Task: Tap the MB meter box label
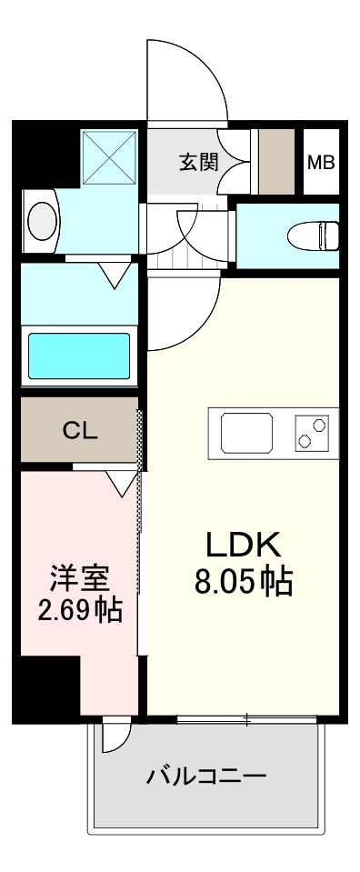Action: pos(320,163)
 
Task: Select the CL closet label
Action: pos(80,431)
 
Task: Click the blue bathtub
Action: pos(80,356)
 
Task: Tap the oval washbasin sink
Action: pos(42,220)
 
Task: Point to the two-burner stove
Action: pos(311,431)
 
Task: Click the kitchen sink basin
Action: pos(245,431)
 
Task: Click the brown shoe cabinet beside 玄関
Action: pos(276,162)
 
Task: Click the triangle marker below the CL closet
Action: pos(121,483)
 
